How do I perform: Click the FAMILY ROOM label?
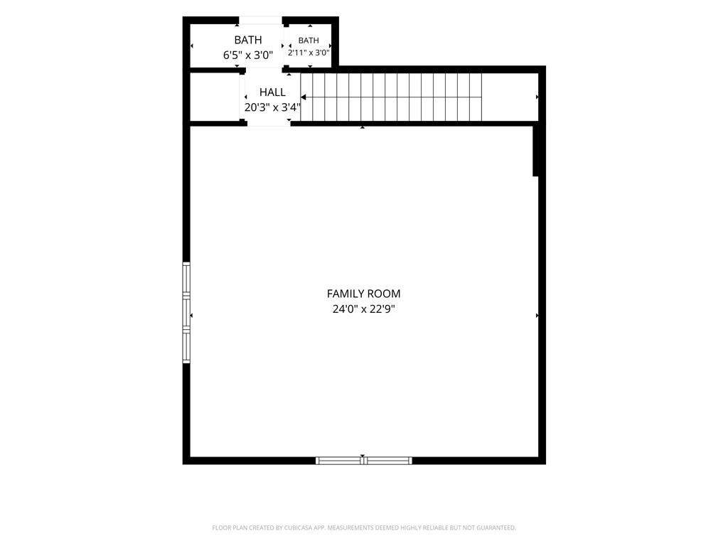tap(363, 294)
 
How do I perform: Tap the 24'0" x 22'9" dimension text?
tap(363, 309)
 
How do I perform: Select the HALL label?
tap(272, 92)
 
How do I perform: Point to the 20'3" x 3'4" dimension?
tap(272, 108)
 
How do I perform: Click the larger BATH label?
tap(248, 40)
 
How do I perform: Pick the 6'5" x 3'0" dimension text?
tap(248, 55)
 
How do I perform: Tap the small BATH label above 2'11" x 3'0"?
tap(309, 41)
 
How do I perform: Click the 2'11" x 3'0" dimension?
tap(309, 53)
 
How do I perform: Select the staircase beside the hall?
tap(392, 97)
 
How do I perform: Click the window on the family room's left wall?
tap(186, 313)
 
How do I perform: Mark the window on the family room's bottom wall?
tap(363, 461)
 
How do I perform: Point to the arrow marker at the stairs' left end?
tap(304, 97)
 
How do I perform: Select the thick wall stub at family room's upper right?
tap(535, 151)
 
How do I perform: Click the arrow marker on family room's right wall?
tap(537, 315)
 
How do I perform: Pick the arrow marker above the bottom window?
tap(363, 456)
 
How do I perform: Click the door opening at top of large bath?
tap(260, 21)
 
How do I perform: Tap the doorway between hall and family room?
tap(268, 124)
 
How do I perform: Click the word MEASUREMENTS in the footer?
tap(351, 528)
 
